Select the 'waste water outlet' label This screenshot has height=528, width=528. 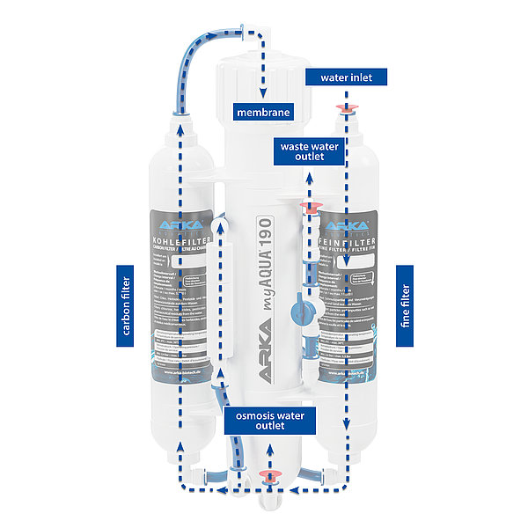(x=304, y=150)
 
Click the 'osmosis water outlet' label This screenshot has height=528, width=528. (x=272, y=420)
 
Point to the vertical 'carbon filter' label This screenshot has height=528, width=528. (x=124, y=305)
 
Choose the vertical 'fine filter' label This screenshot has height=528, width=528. (x=405, y=305)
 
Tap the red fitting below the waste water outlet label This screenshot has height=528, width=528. (x=309, y=208)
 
